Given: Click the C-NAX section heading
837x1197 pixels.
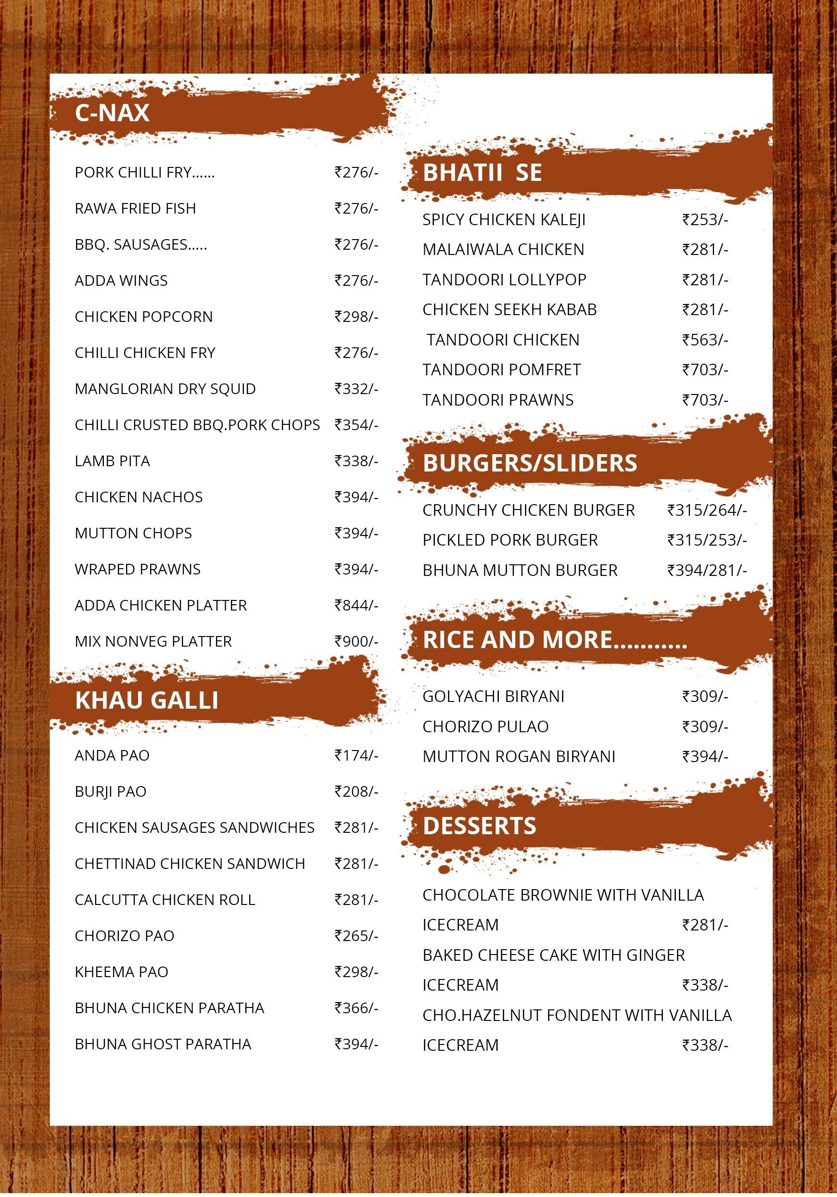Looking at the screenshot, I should (112, 113).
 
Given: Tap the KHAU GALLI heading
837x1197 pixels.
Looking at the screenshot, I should (146, 700).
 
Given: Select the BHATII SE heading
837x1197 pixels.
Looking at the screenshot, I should (482, 173).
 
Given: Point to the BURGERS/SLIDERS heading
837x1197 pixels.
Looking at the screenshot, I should (530, 463).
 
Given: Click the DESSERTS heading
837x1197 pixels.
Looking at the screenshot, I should (479, 826).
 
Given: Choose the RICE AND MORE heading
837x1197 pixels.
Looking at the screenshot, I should (555, 640).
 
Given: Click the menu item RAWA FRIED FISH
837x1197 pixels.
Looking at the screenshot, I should (135, 208).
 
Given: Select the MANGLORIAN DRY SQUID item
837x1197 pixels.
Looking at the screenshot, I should (165, 389).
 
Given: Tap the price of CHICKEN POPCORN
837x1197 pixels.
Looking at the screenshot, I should (356, 317).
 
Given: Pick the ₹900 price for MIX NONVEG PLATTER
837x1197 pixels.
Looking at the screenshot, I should (356, 641).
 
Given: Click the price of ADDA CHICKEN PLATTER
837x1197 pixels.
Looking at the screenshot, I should (356, 605).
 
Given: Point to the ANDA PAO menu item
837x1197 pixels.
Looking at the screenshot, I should (112, 755).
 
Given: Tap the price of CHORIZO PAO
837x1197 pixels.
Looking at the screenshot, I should (356, 936).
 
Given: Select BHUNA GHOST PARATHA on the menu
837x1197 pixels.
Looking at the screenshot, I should (163, 1044).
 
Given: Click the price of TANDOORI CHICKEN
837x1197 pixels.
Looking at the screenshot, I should (705, 340).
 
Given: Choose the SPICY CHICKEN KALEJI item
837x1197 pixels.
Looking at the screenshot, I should (504, 220).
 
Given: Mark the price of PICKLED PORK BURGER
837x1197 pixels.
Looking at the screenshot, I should (707, 540).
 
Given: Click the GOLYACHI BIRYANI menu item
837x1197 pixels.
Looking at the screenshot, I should (493, 697).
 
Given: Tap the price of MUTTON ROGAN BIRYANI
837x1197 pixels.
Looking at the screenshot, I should (705, 756).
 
